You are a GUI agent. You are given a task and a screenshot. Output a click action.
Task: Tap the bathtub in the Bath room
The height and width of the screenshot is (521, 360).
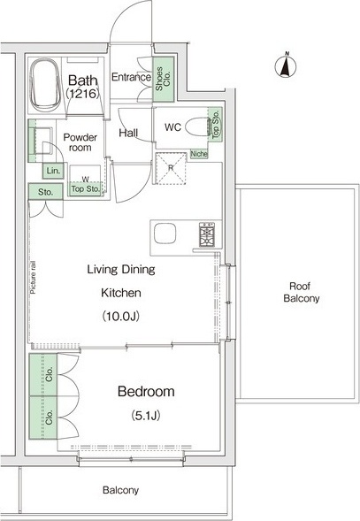coord(45,86)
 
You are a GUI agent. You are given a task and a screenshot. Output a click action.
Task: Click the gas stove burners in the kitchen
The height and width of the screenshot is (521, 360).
coord(207,234)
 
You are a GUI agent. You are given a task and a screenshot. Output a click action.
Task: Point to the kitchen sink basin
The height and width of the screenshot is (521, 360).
coord(165,234)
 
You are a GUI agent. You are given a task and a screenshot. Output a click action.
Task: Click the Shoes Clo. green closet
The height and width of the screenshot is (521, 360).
coord(164,80)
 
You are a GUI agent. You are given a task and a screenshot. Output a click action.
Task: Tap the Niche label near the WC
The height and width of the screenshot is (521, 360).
coord(199,154)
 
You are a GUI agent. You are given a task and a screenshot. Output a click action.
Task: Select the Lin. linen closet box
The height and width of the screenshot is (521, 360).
coord(53,171)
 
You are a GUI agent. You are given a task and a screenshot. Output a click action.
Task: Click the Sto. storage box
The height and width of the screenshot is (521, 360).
coord(45,192)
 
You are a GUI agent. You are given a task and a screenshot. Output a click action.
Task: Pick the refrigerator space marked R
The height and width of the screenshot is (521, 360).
coord(171,168)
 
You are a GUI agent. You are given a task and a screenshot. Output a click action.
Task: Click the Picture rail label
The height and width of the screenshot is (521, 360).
coord(34,278)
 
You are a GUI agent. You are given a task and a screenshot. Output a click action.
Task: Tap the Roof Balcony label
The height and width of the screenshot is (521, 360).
coord(301,292)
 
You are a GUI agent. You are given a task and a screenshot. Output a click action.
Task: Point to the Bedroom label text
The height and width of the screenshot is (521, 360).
coord(146,392)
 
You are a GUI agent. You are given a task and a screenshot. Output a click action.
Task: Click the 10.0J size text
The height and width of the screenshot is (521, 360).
coord(120,316)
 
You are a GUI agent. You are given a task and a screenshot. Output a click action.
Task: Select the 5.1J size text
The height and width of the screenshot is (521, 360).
coord(146,416)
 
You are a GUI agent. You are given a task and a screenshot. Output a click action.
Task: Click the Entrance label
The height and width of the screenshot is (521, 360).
coord(131,77)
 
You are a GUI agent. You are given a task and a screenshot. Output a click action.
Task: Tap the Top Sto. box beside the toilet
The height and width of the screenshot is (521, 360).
coord(216,124)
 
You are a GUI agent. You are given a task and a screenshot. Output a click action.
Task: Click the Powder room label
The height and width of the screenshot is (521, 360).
coord(80,142)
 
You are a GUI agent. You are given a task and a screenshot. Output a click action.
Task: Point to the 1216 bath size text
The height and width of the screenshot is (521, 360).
coord(83,94)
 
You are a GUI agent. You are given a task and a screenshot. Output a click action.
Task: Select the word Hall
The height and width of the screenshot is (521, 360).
coord(128,133)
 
